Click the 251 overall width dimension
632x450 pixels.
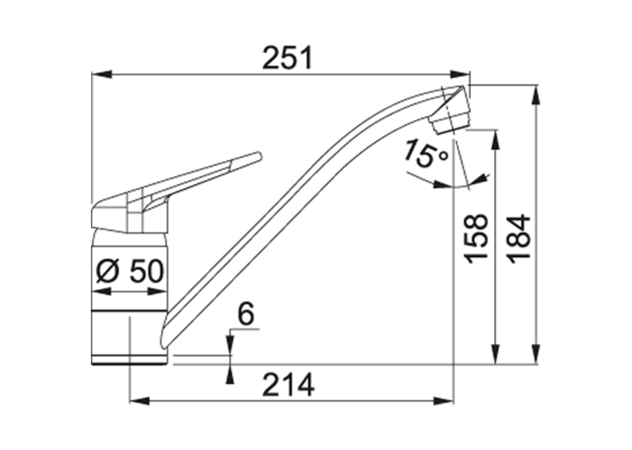pyautogui.click(x=287, y=59)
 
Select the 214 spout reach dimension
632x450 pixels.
pyautogui.click(x=287, y=385)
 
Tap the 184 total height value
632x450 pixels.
pyautogui.click(x=519, y=239)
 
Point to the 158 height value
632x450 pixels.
pyautogui.click(x=476, y=239)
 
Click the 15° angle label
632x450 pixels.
pyautogui.click(x=425, y=154)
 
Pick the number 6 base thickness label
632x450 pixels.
pyautogui.click(x=246, y=314)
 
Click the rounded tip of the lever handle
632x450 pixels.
pyautogui.click(x=259, y=156)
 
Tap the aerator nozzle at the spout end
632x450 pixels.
pyautogui.click(x=450, y=121)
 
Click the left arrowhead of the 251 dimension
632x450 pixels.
pyautogui.click(x=102, y=74)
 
